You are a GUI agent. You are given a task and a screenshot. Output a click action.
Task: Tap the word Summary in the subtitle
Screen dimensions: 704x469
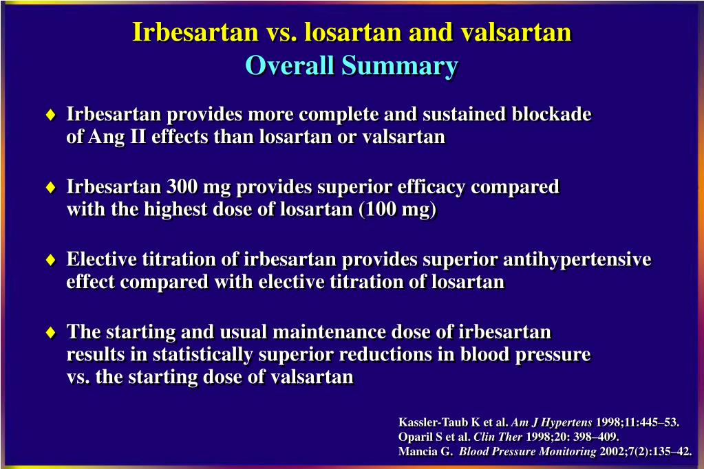[400, 67]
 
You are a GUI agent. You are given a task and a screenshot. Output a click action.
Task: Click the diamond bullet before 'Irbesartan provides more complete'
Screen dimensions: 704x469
[51, 114]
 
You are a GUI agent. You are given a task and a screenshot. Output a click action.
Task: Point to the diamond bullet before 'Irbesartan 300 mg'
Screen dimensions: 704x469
[51, 187]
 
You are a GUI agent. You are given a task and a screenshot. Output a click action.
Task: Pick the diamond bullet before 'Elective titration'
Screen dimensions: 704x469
[51, 259]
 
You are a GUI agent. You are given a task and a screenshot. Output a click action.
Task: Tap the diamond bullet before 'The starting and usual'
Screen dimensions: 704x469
[51, 332]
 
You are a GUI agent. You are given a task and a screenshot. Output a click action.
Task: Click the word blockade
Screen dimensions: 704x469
[551, 114]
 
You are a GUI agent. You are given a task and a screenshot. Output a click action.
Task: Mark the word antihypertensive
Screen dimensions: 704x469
[577, 259]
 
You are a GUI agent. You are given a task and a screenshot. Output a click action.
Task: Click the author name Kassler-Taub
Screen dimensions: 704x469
[434, 422]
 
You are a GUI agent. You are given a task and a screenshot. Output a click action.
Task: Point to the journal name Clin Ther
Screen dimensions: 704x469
[498, 437]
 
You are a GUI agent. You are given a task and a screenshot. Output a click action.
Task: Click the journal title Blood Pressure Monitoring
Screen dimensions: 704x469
[528, 452]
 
